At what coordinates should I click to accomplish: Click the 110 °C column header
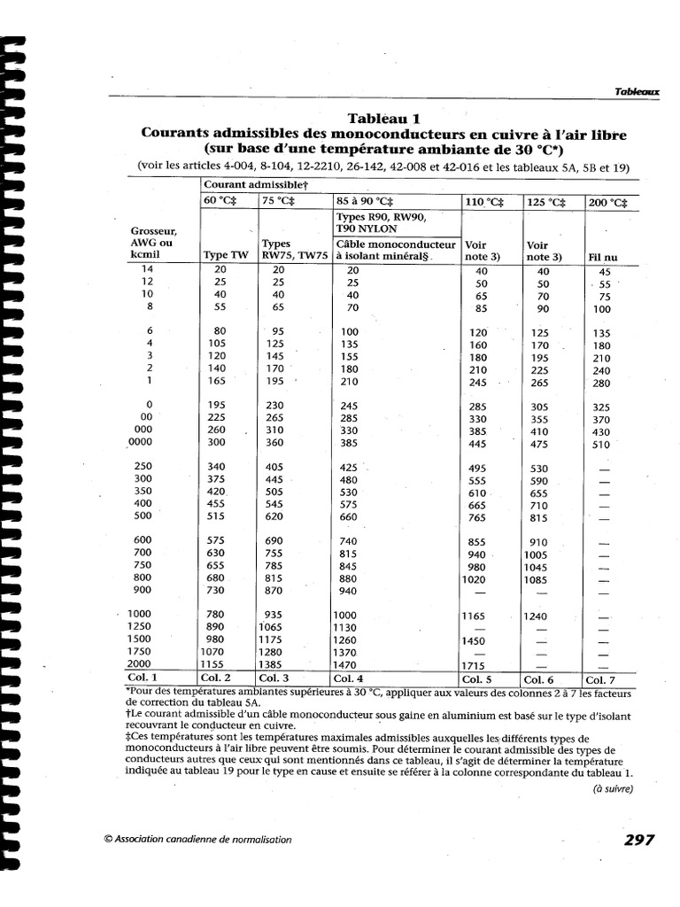point(484,201)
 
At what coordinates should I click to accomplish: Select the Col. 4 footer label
point(352,679)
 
